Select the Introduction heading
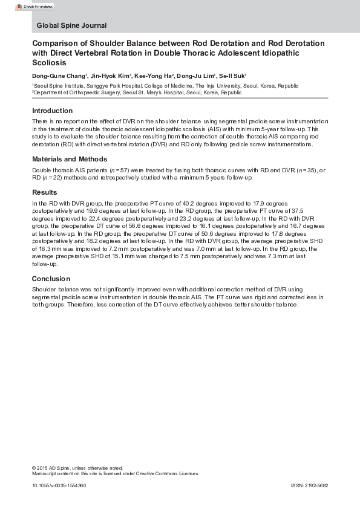(52, 111)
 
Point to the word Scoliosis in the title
(52, 63)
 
